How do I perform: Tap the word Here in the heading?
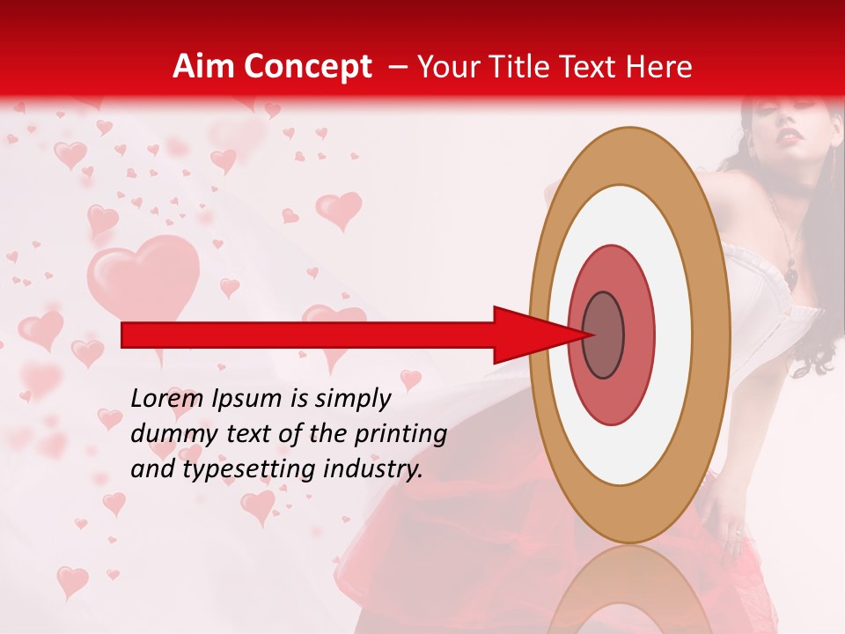click(x=660, y=67)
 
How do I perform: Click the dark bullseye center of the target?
click(x=604, y=335)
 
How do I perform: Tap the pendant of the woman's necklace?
click(x=791, y=276)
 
